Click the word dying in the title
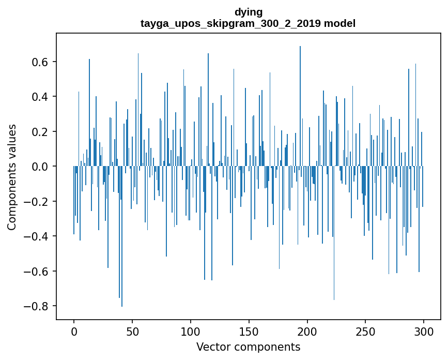[x=248, y=12]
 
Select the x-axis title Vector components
[x=248, y=347]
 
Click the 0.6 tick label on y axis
[x=39, y=62]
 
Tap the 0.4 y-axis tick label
[x=39, y=97]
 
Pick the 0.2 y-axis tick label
[x=39, y=132]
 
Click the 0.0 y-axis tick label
[x=39, y=167]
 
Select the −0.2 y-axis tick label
[x=35, y=202]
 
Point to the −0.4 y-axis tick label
[x=35, y=236]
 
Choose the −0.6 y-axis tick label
[x=35, y=272]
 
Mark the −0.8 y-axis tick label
[x=35, y=306]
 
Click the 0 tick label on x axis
[x=74, y=331]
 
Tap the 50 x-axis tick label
[x=132, y=331]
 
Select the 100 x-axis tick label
[x=191, y=331]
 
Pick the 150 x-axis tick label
[x=249, y=331]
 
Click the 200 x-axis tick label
[x=307, y=331]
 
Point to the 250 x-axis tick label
[x=366, y=331]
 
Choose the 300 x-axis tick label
[x=424, y=331]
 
